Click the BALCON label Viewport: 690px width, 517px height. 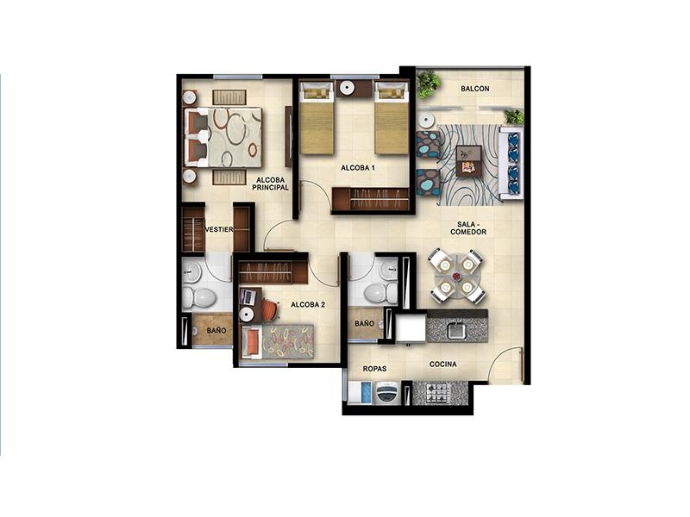475,89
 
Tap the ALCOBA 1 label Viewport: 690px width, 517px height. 358,167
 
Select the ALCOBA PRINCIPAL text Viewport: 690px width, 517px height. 270,184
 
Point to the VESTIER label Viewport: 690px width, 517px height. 219,229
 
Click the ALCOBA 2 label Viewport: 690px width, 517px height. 308,304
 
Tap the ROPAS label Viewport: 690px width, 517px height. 374,369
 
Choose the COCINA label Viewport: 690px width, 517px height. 442,364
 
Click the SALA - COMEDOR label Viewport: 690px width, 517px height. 468,227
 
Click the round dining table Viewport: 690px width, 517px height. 456,277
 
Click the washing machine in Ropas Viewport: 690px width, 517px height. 387,392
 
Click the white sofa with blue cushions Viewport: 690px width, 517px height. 511,161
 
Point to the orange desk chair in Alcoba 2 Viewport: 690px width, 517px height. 270,309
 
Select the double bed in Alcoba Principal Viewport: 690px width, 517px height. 223,137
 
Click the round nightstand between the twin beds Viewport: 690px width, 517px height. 348,88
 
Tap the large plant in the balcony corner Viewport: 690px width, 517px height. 428,84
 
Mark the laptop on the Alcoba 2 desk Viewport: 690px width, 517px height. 248,297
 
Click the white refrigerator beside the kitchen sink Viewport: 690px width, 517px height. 411,327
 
